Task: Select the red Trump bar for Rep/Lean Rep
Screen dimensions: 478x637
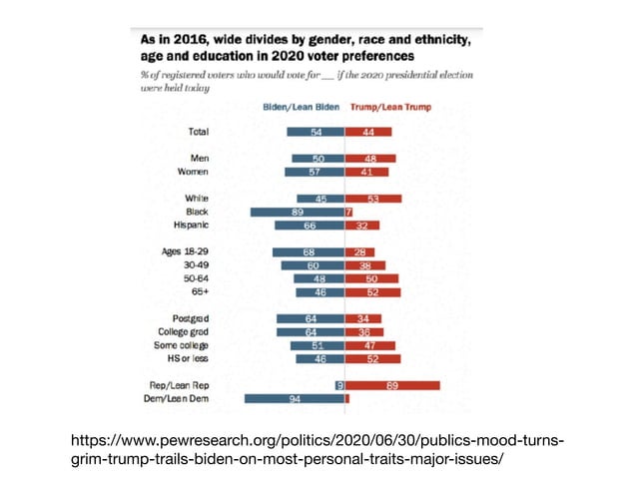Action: point(392,385)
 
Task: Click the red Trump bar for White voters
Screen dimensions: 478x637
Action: point(373,199)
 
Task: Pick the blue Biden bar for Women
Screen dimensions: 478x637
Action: point(315,172)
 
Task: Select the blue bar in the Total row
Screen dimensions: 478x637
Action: point(316,132)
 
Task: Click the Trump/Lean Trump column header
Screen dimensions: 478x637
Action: point(385,107)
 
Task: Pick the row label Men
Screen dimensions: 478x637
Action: point(199,159)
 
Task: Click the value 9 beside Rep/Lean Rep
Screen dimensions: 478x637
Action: point(339,385)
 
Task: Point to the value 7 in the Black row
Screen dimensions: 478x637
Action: point(348,213)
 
